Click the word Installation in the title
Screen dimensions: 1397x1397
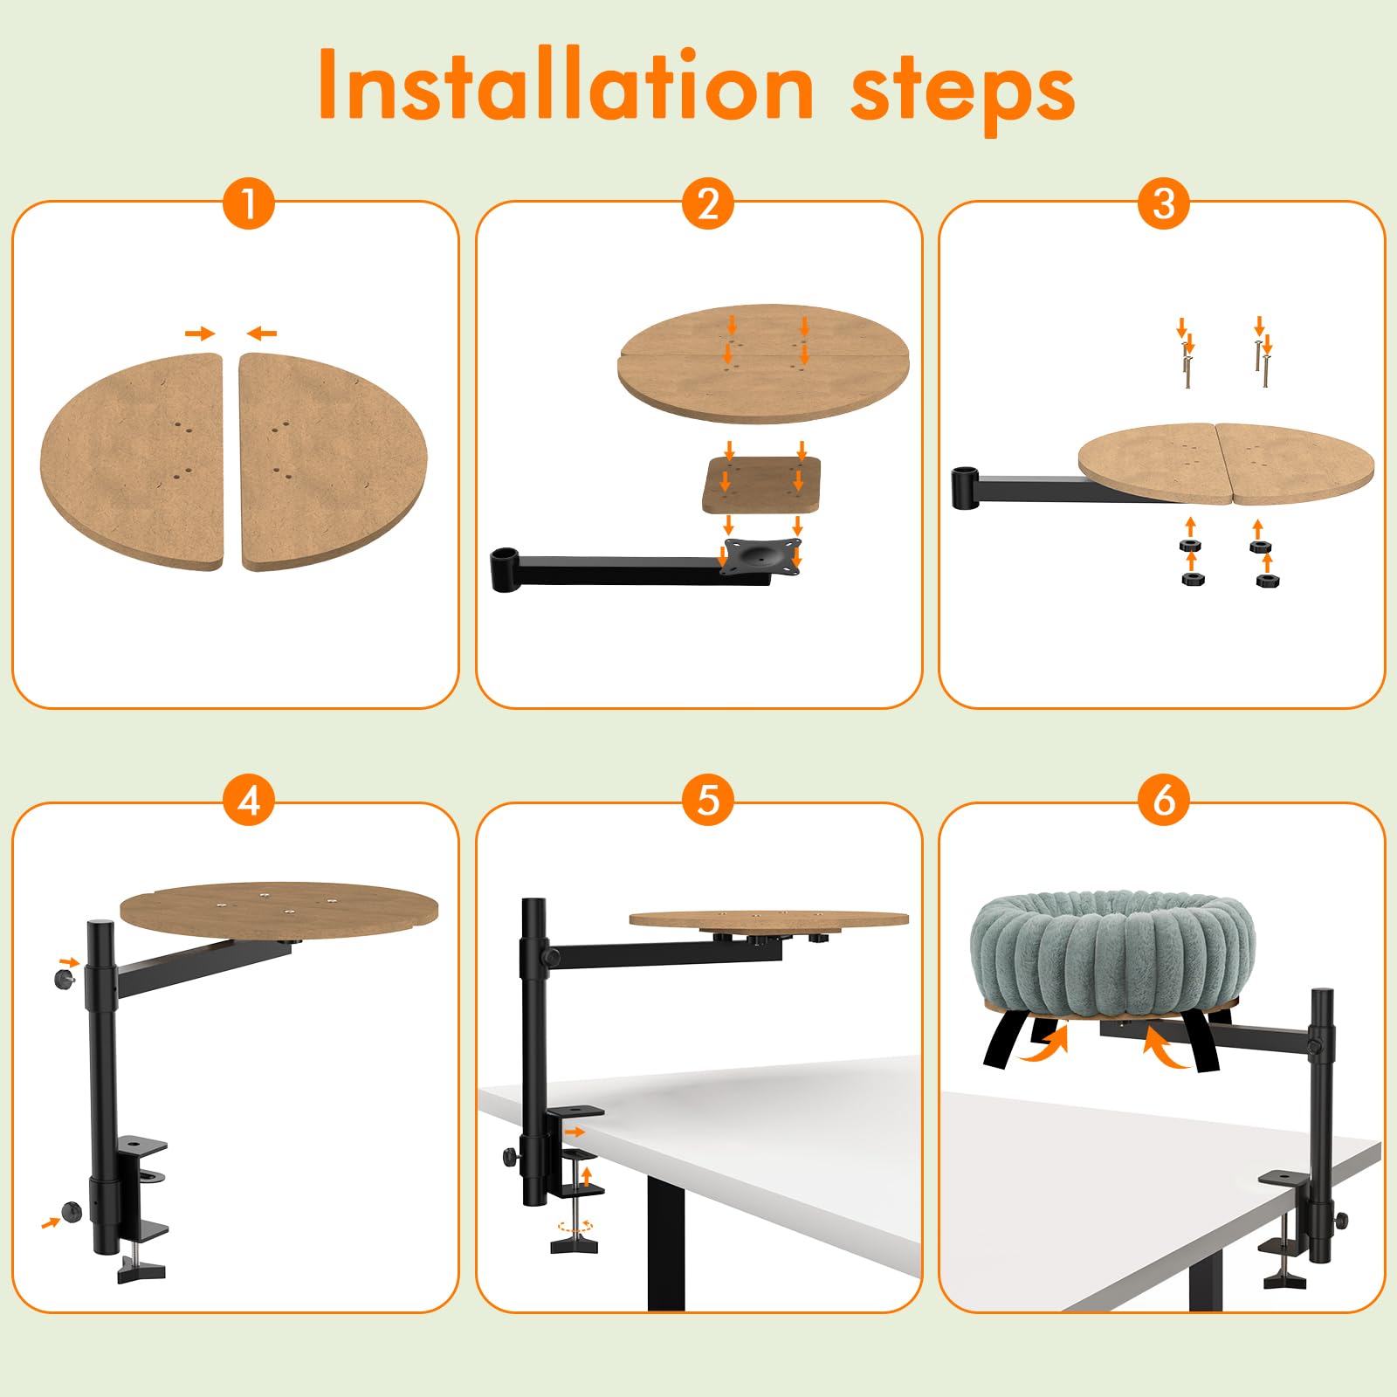click(566, 85)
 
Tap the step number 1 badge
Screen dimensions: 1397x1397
click(249, 203)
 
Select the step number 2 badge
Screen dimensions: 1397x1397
click(708, 203)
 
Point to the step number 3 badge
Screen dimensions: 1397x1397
click(1164, 203)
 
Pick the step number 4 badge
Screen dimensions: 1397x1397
click(249, 800)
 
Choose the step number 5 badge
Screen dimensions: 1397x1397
click(708, 800)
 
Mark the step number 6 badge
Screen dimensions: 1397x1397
click(1164, 800)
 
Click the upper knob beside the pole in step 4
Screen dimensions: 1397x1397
click(65, 978)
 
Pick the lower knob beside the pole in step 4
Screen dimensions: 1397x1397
click(71, 1211)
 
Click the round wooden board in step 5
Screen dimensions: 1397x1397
click(769, 919)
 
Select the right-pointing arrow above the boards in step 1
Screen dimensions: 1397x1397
click(200, 333)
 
